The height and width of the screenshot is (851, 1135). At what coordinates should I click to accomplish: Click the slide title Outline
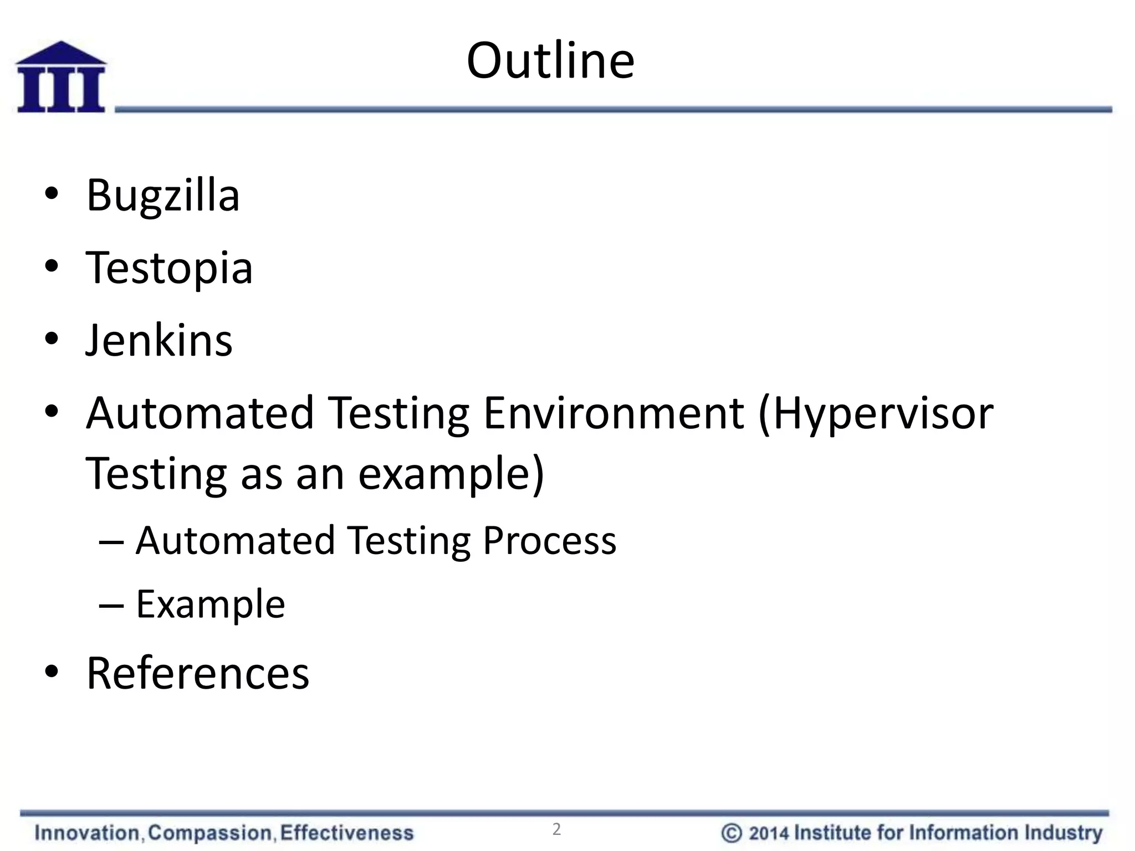pos(550,60)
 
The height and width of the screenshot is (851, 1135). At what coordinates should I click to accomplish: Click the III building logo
pos(61,78)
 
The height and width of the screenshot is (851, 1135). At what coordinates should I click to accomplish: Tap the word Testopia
pos(169,268)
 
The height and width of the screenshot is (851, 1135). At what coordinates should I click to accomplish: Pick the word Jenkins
pos(159,340)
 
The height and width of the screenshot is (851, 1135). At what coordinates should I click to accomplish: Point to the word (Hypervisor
pos(876,414)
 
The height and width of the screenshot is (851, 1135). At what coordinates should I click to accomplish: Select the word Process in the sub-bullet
pos(549,540)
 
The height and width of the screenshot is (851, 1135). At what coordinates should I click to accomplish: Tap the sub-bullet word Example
pos(211,604)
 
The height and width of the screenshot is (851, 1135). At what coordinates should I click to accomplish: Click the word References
pos(198,673)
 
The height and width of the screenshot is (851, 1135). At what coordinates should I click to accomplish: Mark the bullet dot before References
pos(52,672)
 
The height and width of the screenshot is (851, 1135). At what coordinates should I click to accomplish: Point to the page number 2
pos(556,829)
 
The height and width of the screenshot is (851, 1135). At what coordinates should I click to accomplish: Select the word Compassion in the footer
pos(210,833)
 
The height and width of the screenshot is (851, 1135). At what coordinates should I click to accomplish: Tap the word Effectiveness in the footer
pos(347,833)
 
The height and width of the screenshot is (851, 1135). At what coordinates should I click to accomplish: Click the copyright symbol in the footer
pos(731,833)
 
